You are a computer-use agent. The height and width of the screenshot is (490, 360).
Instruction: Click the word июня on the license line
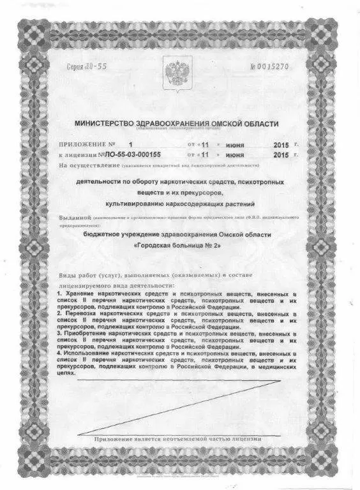pyautogui.click(x=235, y=155)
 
